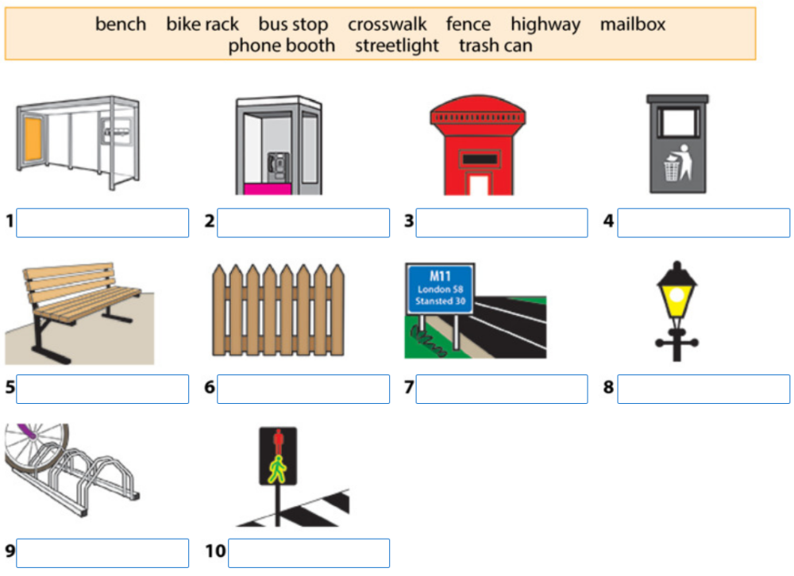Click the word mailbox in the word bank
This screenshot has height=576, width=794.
(633, 25)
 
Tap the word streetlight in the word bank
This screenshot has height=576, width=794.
(396, 46)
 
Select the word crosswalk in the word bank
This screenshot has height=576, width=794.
(387, 25)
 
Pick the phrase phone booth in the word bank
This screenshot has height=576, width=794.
(281, 46)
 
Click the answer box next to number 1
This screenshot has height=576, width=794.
(102, 223)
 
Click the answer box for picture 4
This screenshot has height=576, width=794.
(703, 223)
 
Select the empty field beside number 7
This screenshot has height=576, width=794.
(501, 389)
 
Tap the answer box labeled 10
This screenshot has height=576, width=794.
(308, 553)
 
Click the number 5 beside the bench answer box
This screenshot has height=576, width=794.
(9, 389)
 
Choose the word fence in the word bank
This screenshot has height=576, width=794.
(468, 25)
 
